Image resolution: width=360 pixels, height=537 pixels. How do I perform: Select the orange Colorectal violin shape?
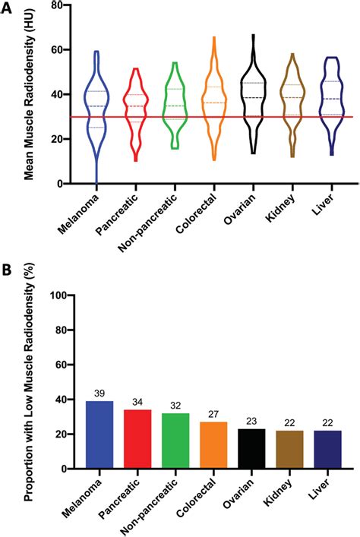(213, 103)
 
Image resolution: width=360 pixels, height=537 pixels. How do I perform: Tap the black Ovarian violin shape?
(253, 99)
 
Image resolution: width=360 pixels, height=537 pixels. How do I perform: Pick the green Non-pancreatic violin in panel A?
(174, 106)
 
